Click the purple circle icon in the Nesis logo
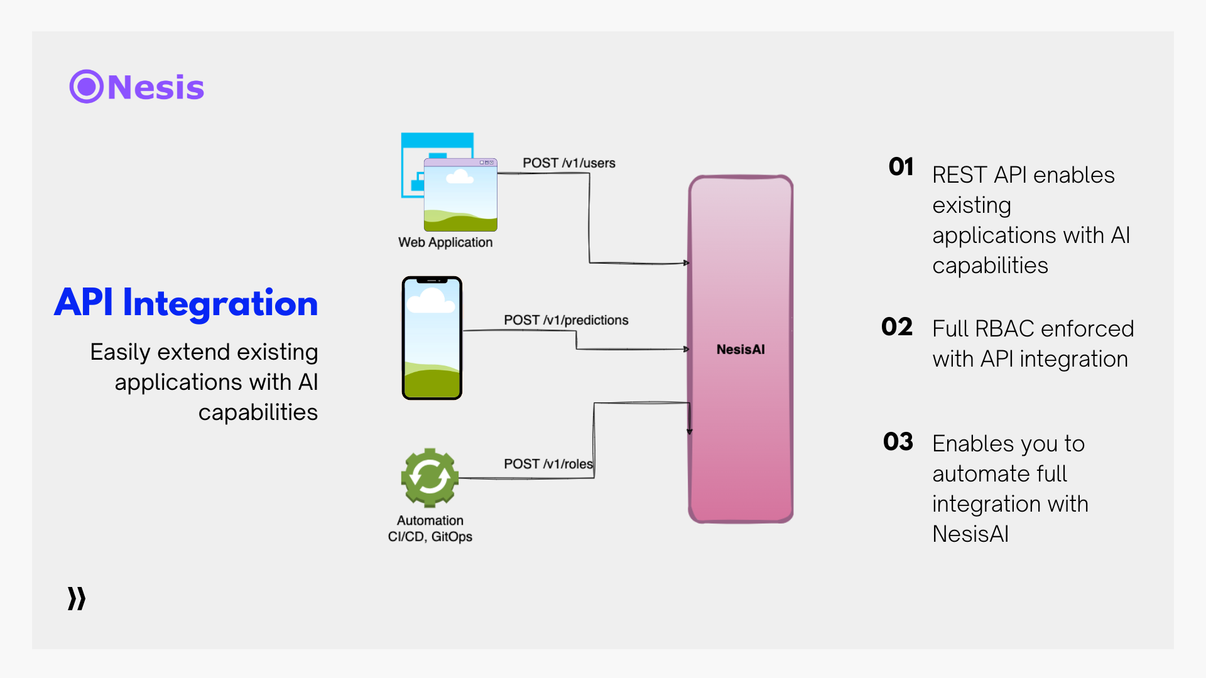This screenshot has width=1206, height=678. tap(86, 87)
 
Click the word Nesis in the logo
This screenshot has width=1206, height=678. tap(156, 87)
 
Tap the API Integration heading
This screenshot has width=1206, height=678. tap(186, 303)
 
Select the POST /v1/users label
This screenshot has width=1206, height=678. tap(568, 163)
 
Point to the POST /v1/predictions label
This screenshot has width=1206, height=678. tap(565, 320)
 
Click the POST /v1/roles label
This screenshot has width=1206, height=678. tap(548, 464)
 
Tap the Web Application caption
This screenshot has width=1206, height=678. tap(445, 242)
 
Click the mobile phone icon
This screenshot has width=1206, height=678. tap(432, 338)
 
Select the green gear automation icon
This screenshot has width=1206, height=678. tap(430, 477)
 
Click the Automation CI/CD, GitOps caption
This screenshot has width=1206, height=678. tap(430, 529)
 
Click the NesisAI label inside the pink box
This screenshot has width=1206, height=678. tap(741, 350)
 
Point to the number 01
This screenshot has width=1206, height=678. tap(901, 167)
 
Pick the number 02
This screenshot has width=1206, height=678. tap(896, 327)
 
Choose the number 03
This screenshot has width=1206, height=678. tap(898, 442)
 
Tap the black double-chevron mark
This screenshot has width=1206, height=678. tap(77, 599)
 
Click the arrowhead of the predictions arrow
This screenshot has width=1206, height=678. tap(687, 349)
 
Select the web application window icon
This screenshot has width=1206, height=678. tap(449, 182)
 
